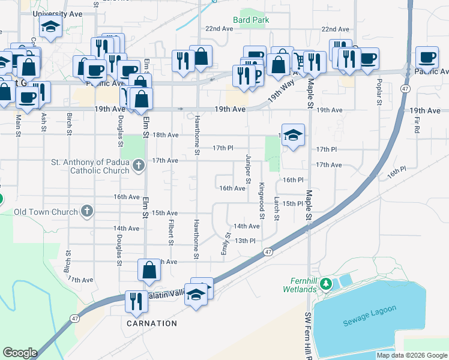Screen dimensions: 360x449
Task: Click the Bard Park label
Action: (x=251, y=20)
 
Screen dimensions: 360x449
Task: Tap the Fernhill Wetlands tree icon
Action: (x=326, y=283)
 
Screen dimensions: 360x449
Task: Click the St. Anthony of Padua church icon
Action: (x=139, y=165)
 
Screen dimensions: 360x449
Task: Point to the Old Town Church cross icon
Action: (x=87, y=211)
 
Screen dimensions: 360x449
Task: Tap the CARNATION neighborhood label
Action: (x=152, y=323)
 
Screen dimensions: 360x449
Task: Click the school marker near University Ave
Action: (x=50, y=27)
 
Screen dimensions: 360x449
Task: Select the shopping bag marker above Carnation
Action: (x=149, y=271)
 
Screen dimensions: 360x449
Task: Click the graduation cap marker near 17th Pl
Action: (x=293, y=134)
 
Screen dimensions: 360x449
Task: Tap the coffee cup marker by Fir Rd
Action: (x=427, y=57)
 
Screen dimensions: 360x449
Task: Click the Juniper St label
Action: (x=248, y=169)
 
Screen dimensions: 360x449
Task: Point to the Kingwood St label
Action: (x=262, y=196)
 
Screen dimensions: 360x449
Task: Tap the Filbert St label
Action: (x=170, y=229)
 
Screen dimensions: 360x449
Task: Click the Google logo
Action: (x=20, y=353)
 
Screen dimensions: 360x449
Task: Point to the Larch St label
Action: (x=276, y=208)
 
